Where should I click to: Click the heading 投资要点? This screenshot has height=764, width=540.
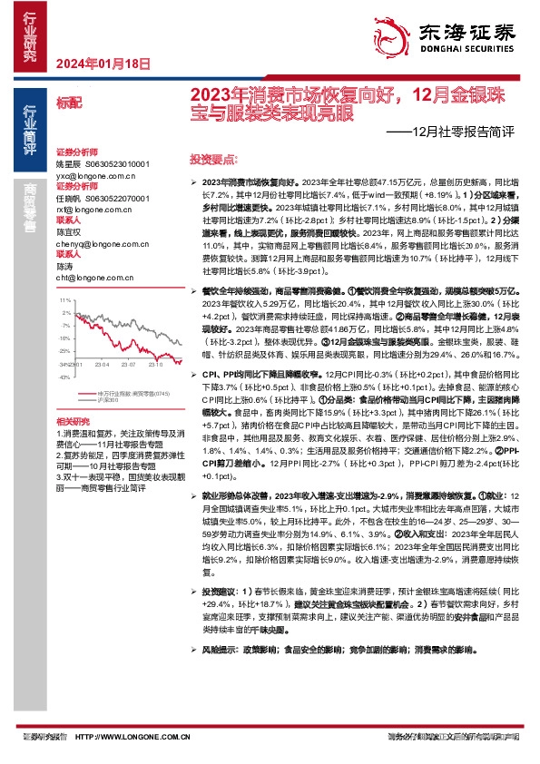coord(208,158)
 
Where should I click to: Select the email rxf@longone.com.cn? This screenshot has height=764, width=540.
coord(93,210)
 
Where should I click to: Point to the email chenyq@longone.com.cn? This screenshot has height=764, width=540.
coord(99,243)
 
